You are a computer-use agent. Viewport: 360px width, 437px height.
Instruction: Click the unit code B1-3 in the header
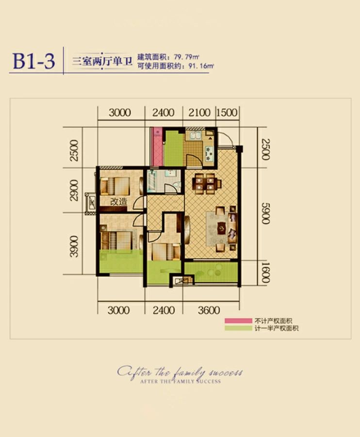tap(33, 61)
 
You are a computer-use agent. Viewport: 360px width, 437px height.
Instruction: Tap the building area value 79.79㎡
tap(186, 57)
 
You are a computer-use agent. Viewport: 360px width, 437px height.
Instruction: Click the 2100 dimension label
tap(199, 113)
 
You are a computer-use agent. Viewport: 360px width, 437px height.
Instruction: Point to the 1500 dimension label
tap(227, 113)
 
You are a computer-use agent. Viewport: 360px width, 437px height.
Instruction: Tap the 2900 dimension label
tap(74, 190)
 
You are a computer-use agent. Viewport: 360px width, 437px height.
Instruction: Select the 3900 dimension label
tap(74, 246)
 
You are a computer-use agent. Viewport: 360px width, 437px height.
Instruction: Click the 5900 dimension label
tap(266, 214)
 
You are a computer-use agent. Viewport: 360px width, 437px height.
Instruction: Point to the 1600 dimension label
tap(266, 272)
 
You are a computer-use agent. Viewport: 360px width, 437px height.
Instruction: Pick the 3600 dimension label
tap(209, 310)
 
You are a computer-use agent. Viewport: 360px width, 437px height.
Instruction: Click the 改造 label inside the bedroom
tap(118, 202)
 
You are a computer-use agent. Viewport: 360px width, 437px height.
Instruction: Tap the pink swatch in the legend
tap(238, 321)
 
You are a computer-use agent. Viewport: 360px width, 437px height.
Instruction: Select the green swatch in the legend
tap(238, 328)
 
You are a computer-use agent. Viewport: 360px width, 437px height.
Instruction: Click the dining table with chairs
tap(207, 184)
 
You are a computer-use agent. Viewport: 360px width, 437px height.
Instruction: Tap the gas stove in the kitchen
tap(209, 153)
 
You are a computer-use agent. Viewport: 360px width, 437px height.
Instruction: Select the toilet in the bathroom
tap(176, 185)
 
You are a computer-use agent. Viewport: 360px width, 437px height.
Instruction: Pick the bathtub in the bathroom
tap(151, 181)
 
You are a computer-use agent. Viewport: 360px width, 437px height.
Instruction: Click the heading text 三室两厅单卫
tap(102, 61)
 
